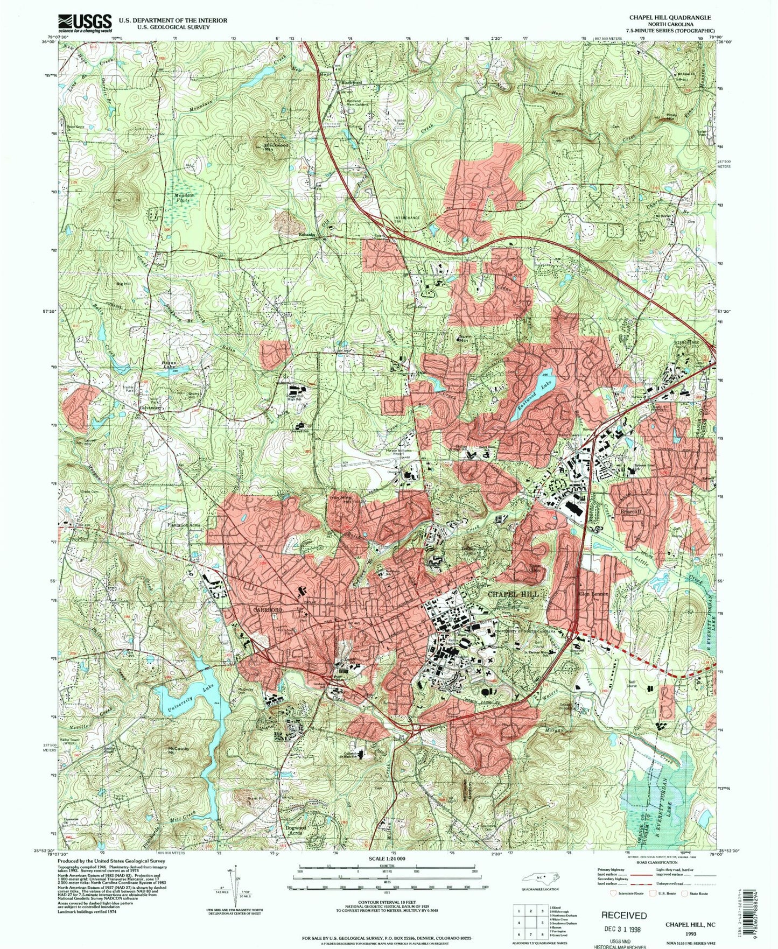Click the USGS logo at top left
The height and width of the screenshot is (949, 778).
(85, 22)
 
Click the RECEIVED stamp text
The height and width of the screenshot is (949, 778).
(624, 915)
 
